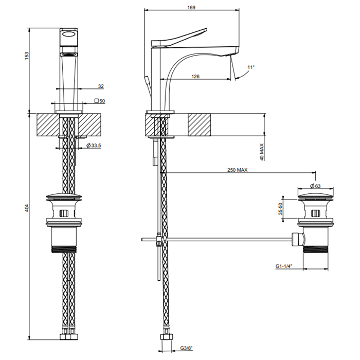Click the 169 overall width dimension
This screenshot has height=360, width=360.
coord(191,7)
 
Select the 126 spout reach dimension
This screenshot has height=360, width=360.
coord(195,76)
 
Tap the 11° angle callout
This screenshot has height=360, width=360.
coord(251,67)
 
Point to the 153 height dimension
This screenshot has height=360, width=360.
coord(27,56)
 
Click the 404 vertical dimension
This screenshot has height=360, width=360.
coord(27,208)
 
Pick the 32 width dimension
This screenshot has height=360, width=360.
coord(101,86)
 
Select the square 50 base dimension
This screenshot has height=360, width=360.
coord(100,101)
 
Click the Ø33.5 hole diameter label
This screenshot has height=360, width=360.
coord(94,145)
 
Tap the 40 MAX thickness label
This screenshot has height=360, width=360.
coord(262,152)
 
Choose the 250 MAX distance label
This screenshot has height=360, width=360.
coord(238,170)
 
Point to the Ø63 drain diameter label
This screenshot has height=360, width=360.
coord(315,186)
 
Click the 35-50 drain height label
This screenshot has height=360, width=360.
coord(280,209)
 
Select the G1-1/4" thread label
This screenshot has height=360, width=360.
coord(284,266)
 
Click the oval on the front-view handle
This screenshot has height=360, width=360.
coord(69,34)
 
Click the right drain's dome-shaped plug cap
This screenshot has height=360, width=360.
coord(316,196)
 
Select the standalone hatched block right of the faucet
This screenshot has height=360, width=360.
coord(200,124)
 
